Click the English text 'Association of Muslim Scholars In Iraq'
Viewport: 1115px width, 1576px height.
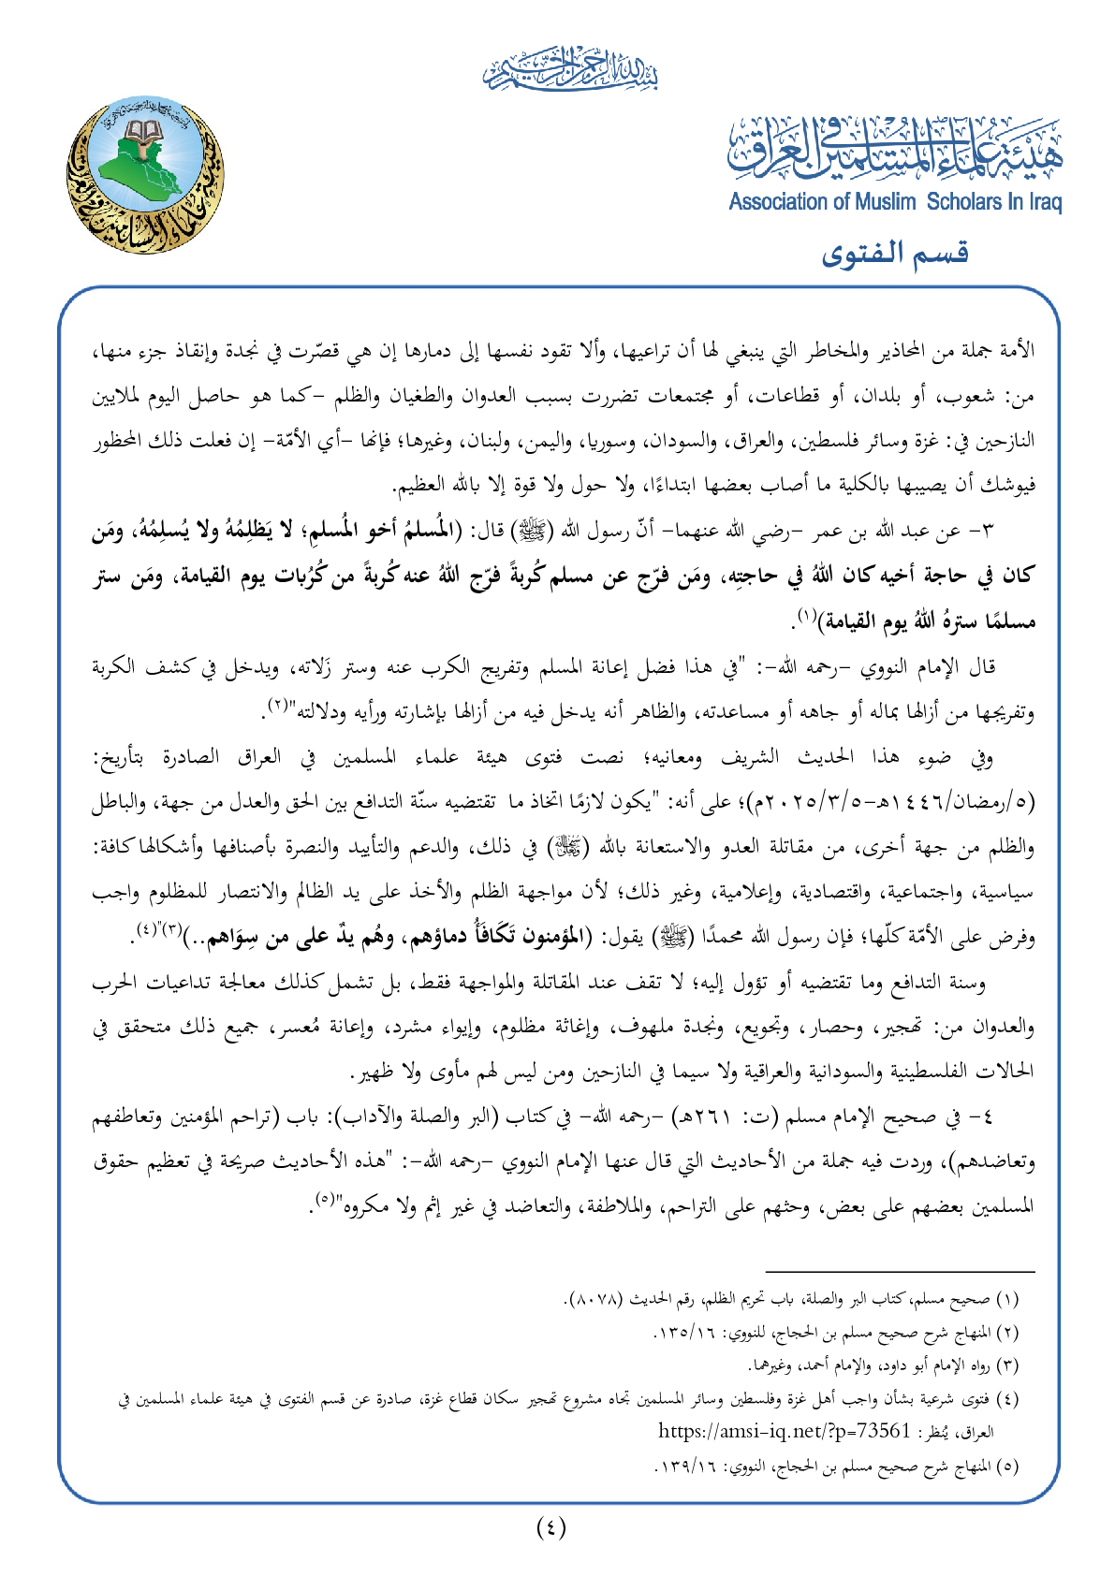click(895, 202)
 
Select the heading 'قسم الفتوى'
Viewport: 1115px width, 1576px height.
click(895, 254)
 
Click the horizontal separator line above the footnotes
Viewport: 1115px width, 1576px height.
click(900, 1272)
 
